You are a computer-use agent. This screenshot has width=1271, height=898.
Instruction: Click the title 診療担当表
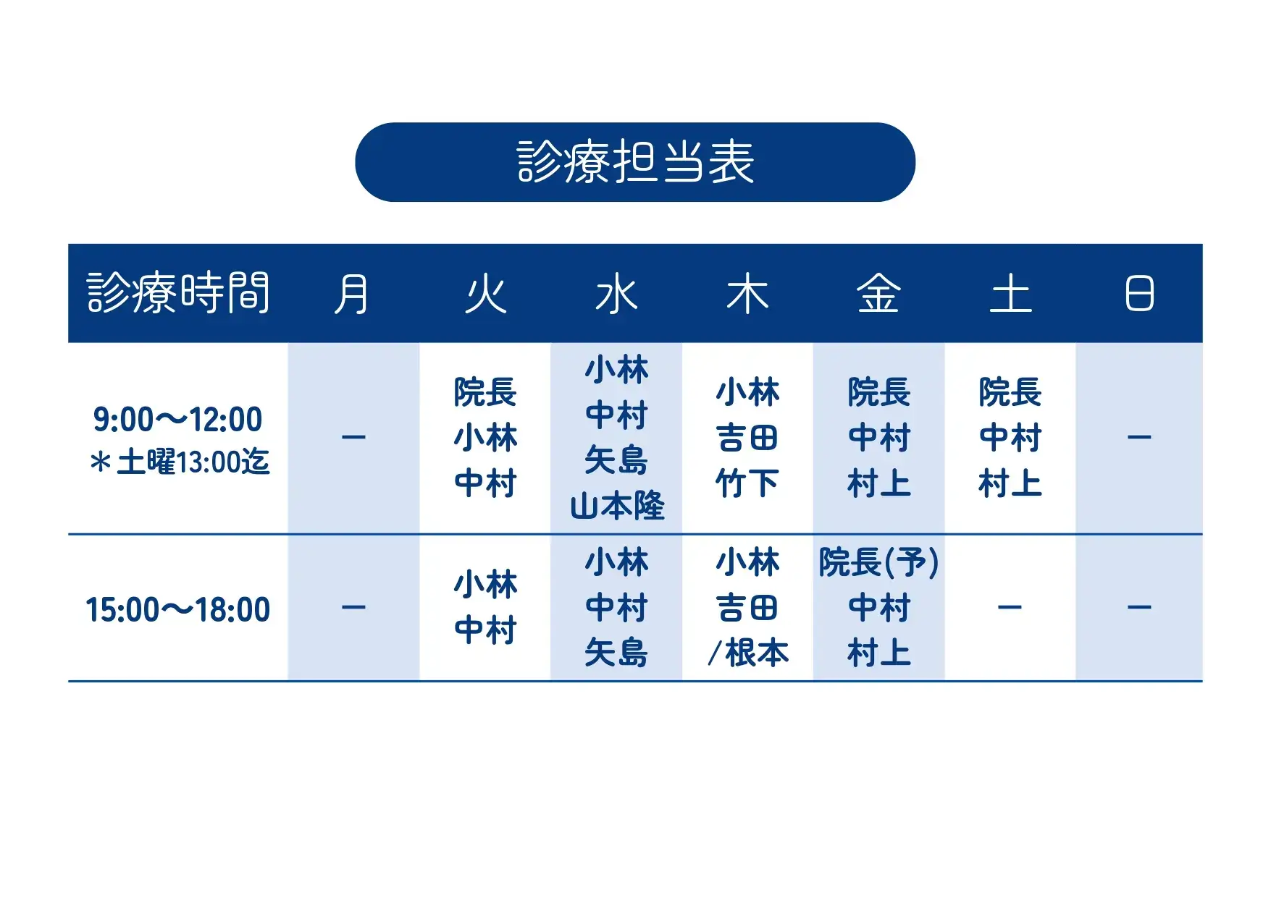(635, 162)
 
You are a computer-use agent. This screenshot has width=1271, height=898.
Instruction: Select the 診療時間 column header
(178, 293)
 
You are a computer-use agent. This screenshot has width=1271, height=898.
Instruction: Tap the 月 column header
(353, 294)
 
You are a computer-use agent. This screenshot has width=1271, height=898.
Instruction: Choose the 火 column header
(485, 294)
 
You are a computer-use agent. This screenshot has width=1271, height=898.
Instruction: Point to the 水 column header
(616, 294)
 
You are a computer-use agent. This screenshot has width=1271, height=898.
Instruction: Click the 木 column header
(747, 294)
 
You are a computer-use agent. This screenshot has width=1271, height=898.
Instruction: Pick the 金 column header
(878, 294)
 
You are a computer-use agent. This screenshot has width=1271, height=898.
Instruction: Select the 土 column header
(1010, 294)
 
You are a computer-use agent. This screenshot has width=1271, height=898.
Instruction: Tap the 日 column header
(1139, 294)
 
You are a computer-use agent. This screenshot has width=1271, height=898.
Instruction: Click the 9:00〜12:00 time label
(178, 420)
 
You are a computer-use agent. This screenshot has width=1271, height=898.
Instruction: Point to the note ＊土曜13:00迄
(180, 462)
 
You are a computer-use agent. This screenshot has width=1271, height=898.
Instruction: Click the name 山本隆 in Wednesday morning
(617, 506)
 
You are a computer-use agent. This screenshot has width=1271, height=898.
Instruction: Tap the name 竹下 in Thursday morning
(747, 483)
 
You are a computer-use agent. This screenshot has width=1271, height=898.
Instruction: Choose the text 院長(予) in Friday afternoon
(878, 562)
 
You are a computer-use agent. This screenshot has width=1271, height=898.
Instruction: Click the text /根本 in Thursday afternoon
(747, 653)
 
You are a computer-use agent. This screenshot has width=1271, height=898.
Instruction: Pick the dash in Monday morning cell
(353, 437)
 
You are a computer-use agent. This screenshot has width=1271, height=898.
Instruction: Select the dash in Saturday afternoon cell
(1010, 607)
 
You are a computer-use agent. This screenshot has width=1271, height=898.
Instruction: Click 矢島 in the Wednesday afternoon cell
(616, 653)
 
